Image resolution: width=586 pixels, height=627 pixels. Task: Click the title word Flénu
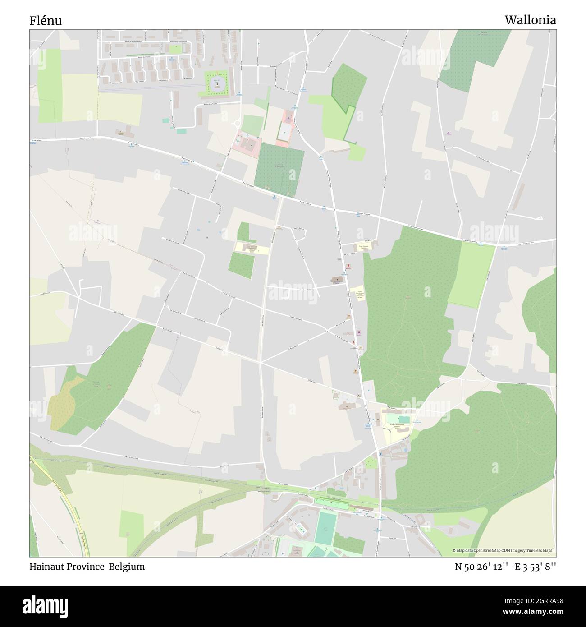pos(46,21)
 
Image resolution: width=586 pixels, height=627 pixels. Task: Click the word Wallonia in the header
pos(530,20)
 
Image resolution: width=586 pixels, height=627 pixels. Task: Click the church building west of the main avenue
pos(337,280)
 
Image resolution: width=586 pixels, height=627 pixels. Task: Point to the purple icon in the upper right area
pos(448,133)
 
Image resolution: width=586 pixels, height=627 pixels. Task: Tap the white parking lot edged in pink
pos(284,131)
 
